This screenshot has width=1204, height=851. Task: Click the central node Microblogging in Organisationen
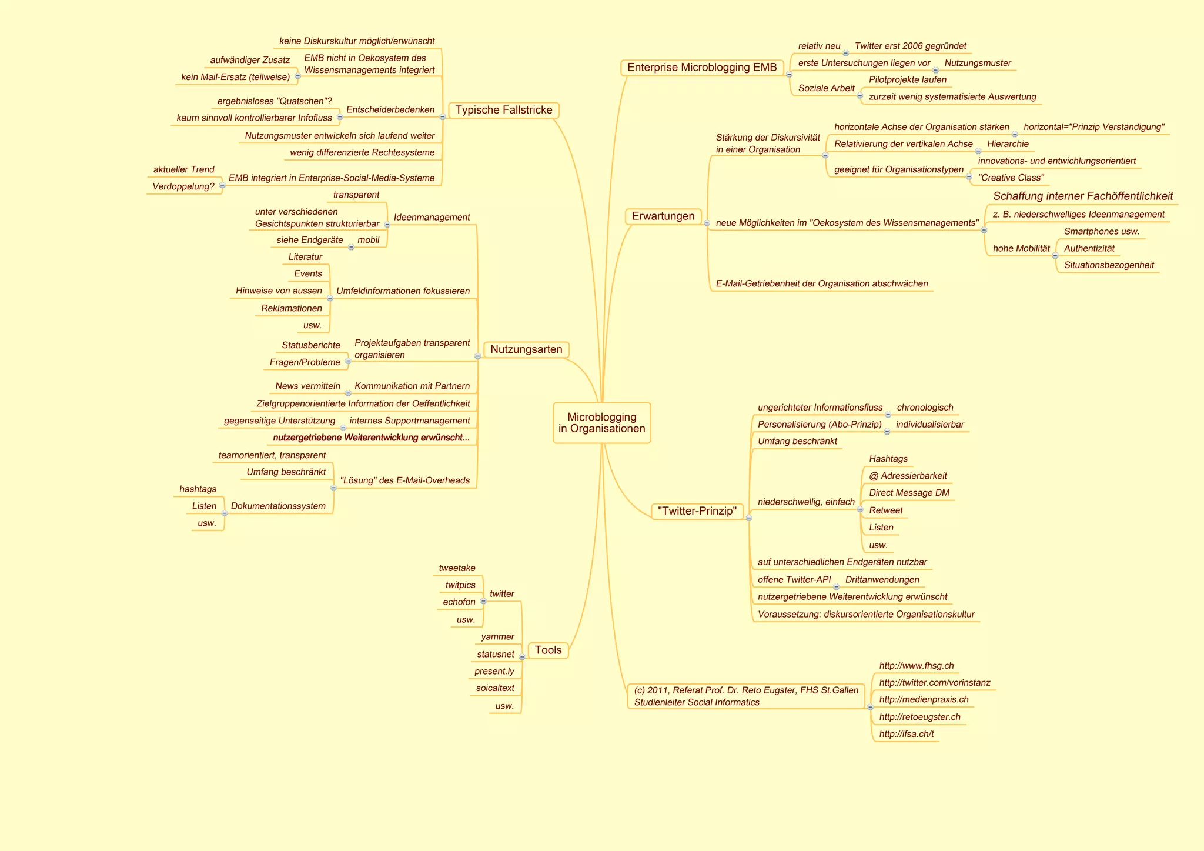coord(601,423)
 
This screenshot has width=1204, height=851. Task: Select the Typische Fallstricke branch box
coord(503,110)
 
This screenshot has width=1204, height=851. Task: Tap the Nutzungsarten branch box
coord(526,349)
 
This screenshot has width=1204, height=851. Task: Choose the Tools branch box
coord(548,650)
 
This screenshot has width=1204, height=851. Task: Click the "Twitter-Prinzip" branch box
coord(697,511)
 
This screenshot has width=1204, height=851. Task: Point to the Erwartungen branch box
coord(663,216)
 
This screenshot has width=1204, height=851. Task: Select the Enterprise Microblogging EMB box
coord(702,68)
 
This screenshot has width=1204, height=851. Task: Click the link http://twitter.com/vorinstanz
coord(934,683)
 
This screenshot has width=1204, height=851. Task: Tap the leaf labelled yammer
coord(497,637)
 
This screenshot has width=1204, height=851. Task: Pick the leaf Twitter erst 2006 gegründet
coord(910,46)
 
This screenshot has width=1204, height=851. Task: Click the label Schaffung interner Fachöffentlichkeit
coord(1083,196)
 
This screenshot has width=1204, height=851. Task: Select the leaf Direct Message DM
coord(909,493)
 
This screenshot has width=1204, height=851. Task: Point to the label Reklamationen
coord(292,308)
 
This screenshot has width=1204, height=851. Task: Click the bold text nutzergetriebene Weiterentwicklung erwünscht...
coord(371,438)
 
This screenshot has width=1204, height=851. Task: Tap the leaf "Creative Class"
coord(1011,178)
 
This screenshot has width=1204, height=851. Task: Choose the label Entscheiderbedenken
coord(390,110)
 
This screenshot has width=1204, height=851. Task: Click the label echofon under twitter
coord(459,602)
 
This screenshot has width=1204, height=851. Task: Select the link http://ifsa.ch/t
coord(906,734)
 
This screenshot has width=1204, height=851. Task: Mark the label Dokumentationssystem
coord(278,506)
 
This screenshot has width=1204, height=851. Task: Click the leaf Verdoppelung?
coord(183,187)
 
